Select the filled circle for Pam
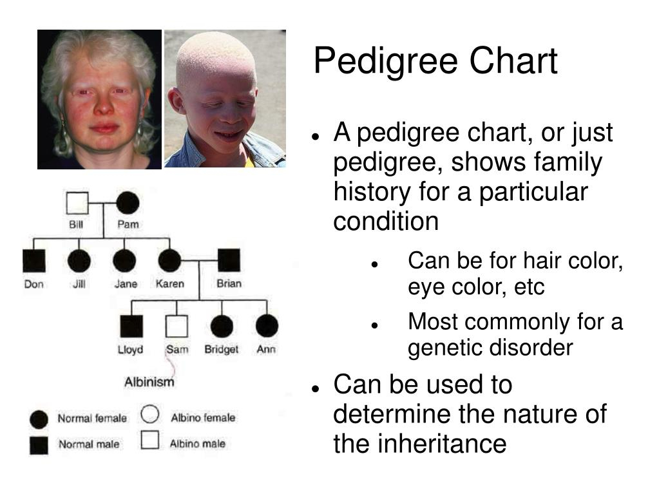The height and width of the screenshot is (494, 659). (x=128, y=203)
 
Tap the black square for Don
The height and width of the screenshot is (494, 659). (x=34, y=261)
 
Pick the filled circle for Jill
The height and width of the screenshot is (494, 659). (x=79, y=261)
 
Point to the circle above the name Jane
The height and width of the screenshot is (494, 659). (x=124, y=261)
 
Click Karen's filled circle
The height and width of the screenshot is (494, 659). (x=169, y=261)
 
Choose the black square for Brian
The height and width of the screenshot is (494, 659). (x=229, y=260)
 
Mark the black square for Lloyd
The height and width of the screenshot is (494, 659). (x=131, y=326)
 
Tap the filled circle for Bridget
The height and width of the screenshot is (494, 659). (x=222, y=326)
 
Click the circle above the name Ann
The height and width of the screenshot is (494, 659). (x=267, y=326)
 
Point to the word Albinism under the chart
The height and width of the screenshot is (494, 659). (x=149, y=382)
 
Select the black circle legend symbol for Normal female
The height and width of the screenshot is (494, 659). (x=39, y=420)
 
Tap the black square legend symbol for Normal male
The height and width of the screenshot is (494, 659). (x=39, y=445)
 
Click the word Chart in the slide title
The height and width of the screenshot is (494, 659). (x=513, y=61)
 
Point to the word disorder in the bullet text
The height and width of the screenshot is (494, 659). (x=531, y=347)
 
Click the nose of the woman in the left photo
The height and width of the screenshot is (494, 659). (x=102, y=105)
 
